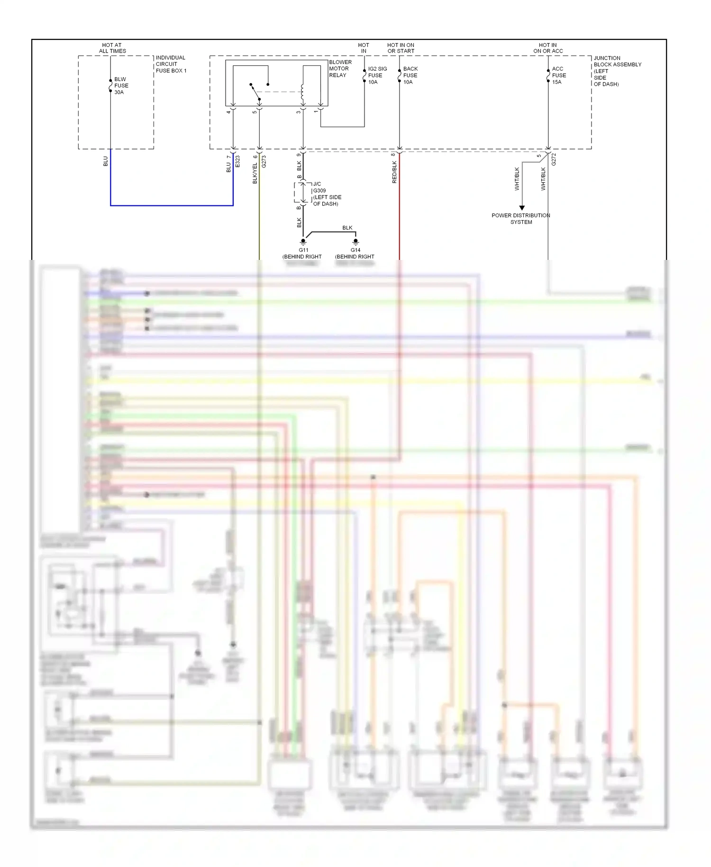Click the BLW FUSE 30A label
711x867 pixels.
(x=121, y=86)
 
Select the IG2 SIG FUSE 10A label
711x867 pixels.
(x=377, y=75)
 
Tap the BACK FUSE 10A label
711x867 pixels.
(x=410, y=75)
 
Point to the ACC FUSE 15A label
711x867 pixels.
(x=559, y=75)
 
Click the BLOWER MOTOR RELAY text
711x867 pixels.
(x=340, y=69)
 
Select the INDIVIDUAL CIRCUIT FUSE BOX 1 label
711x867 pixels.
(x=171, y=64)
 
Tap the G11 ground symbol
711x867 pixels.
(x=303, y=241)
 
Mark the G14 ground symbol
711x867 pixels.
(x=355, y=241)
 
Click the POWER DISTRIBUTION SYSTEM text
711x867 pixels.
(x=521, y=219)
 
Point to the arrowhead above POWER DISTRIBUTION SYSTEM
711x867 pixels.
(x=522, y=208)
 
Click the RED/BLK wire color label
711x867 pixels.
(x=394, y=172)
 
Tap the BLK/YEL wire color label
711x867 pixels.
(x=255, y=173)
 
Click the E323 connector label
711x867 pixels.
(x=237, y=161)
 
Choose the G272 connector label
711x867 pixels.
(x=554, y=159)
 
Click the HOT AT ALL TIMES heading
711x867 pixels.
(x=112, y=48)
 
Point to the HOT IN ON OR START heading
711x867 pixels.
(x=401, y=48)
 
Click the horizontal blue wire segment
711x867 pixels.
(x=172, y=205)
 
